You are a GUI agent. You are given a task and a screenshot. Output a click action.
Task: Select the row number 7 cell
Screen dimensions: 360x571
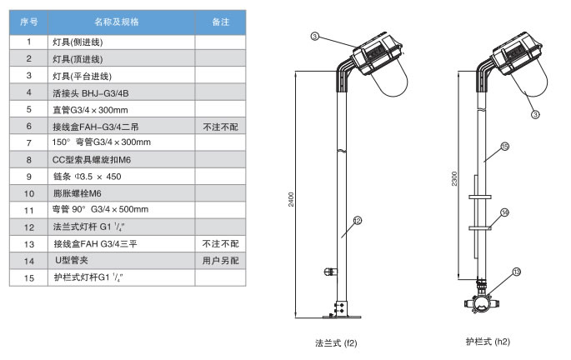tap(29, 142)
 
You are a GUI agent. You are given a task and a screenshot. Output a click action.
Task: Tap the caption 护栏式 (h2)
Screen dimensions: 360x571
tap(488, 342)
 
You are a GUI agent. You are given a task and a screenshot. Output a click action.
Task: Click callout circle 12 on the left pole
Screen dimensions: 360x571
tap(356, 221)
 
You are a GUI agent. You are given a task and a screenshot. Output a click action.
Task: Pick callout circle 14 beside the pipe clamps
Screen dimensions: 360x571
tap(504, 212)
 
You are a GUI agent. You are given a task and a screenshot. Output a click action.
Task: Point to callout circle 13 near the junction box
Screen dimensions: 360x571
tap(517, 272)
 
